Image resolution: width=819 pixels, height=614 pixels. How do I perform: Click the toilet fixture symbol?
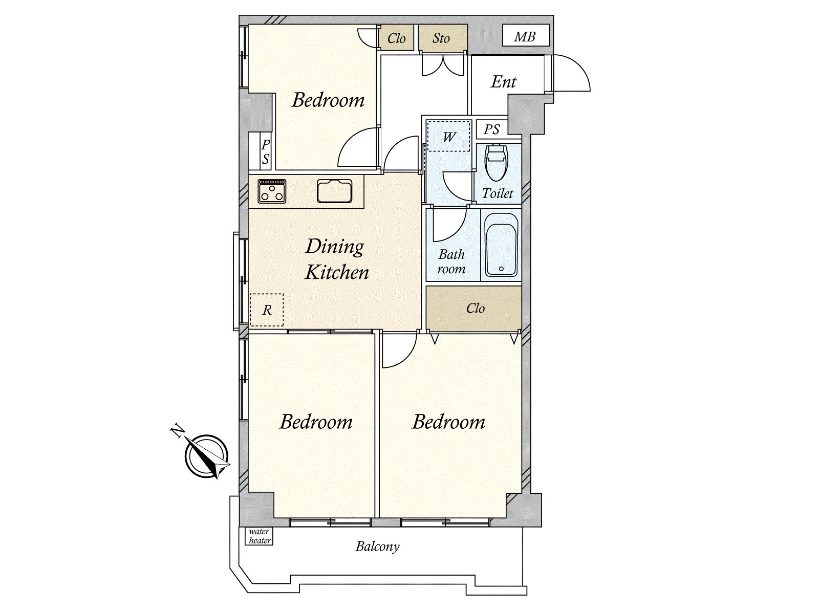[496, 163]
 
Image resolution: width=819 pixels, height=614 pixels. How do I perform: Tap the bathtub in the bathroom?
[501, 245]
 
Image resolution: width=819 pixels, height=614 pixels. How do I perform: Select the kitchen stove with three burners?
[272, 191]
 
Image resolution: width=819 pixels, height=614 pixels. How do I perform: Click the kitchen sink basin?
[334, 191]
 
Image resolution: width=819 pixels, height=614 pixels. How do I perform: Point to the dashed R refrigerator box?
[267, 310]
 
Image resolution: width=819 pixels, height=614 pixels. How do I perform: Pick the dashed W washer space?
[448, 136]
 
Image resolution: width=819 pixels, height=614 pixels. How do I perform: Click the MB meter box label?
[525, 36]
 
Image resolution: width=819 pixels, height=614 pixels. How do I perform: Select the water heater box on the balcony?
[259, 536]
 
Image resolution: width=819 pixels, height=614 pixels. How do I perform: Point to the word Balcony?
[377, 546]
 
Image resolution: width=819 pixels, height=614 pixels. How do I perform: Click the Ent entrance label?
[503, 82]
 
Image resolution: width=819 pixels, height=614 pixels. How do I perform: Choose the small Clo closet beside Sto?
[396, 37]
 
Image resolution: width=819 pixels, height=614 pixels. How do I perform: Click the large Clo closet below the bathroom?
[473, 309]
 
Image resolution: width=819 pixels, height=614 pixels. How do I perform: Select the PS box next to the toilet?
[492, 129]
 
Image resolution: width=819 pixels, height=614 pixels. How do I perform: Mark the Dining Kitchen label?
[336, 259]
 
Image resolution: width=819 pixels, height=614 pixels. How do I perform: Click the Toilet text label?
[498, 193]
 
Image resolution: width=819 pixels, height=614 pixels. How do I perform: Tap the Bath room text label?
[451, 261]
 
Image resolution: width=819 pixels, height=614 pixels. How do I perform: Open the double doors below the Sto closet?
[444, 65]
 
